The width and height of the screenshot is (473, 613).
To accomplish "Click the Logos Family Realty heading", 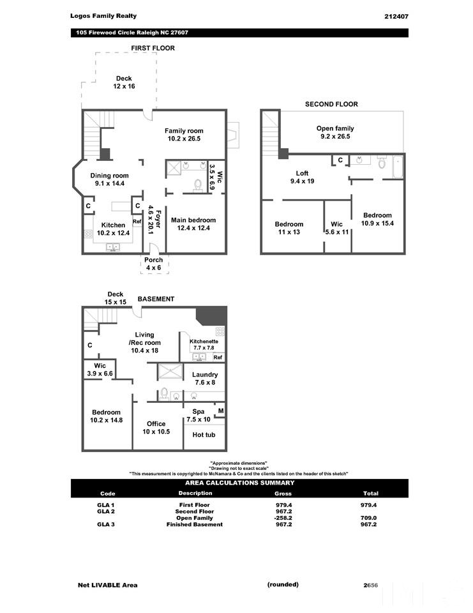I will click(103, 16).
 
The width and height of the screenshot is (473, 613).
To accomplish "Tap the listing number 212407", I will click(396, 16).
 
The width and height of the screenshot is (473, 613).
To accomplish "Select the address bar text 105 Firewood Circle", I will click(131, 33).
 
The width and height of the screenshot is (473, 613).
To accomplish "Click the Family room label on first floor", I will click(184, 135).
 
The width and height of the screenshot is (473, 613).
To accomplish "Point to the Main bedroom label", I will click(193, 224).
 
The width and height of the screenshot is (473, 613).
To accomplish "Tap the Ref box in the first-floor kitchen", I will click(137, 222).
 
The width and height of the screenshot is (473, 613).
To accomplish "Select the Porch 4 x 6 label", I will click(153, 264).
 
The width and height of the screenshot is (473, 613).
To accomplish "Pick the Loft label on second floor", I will click(302, 177).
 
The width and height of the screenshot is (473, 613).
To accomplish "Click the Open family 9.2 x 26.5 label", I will click(335, 132).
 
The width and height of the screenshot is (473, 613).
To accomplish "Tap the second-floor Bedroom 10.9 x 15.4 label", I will click(377, 219).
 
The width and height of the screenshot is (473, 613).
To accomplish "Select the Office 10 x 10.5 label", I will click(156, 427).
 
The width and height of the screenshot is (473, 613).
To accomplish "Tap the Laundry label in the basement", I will click(205, 379).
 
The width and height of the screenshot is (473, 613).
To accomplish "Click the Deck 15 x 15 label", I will click(115, 298).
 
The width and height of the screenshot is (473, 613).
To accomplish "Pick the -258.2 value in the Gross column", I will click(282, 518).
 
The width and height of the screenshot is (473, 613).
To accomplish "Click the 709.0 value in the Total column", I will click(369, 518).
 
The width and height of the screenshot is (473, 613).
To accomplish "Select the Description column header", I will click(195, 493).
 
